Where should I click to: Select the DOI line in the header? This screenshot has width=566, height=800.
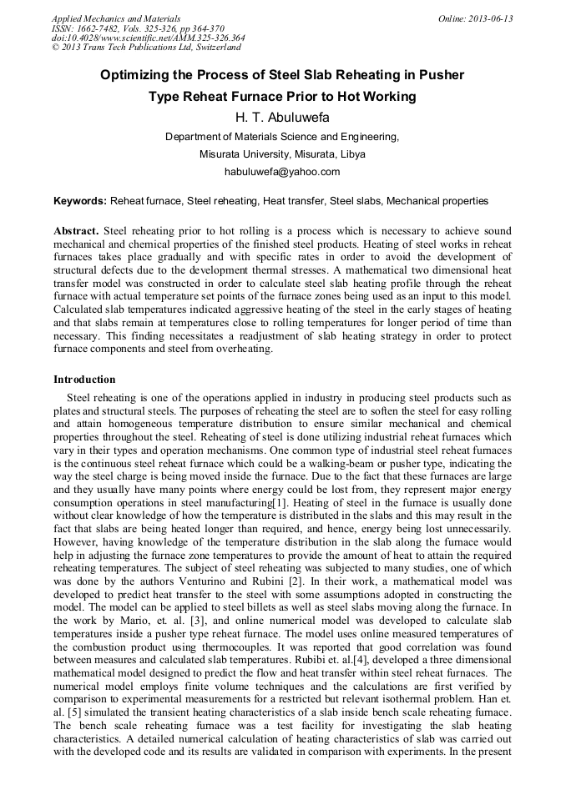pos(148,38)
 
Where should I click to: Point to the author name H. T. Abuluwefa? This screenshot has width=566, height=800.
pos(282,118)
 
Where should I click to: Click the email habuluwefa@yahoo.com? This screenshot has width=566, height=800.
pos(282,172)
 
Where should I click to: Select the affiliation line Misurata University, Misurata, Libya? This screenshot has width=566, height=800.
pos(282,154)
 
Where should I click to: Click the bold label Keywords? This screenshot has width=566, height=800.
pos(80,201)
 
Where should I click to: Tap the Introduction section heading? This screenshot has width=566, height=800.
pos(84,380)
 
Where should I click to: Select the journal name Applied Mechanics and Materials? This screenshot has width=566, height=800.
pos(116,18)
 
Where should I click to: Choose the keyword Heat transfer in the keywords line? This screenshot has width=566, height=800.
pos(292,201)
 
